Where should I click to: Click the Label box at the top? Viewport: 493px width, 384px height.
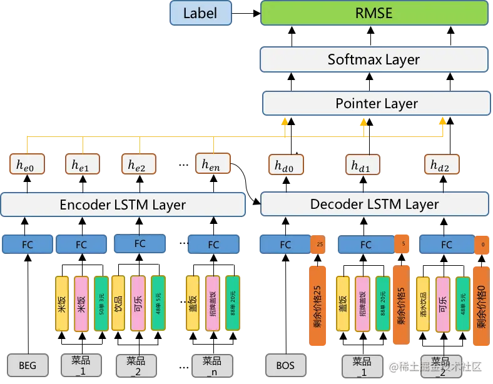click(x=200, y=13)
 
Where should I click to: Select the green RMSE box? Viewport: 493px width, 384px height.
click(x=374, y=13)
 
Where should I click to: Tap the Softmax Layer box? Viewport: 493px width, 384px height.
click(x=374, y=59)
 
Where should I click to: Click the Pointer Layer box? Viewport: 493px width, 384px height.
click(x=374, y=103)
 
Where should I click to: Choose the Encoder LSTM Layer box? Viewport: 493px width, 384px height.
click(x=123, y=205)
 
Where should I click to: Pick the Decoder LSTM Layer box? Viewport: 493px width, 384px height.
click(x=374, y=204)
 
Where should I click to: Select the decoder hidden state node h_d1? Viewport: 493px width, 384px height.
click(x=363, y=165)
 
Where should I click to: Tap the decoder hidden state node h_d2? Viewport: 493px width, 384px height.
click(x=443, y=165)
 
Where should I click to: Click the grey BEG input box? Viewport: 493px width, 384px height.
click(x=28, y=365)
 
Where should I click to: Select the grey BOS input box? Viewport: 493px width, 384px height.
click(x=285, y=365)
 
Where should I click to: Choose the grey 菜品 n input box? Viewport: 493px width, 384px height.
click(x=211, y=365)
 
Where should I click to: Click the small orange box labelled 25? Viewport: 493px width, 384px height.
click(x=319, y=245)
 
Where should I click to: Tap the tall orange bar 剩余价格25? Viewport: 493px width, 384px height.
click(x=318, y=305)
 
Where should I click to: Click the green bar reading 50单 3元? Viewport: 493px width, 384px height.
click(x=100, y=303)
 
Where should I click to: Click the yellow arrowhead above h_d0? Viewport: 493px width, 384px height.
click(x=285, y=121)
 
